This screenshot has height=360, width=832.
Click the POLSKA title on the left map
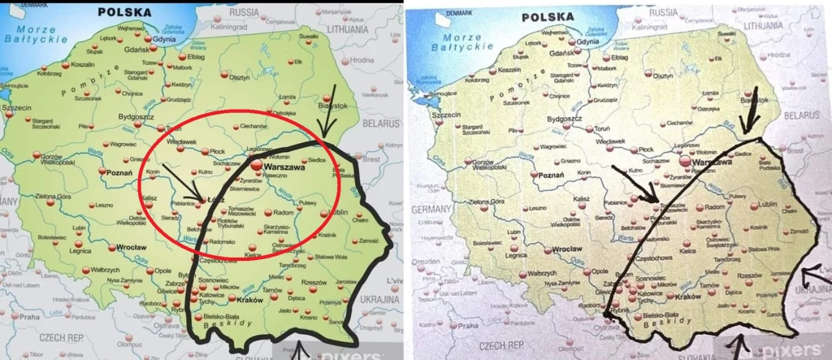coord(123,12)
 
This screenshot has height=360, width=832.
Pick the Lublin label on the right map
coord(746,206)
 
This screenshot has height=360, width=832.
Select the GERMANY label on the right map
coord(429,208)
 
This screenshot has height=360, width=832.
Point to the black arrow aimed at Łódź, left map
coord(180,181)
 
